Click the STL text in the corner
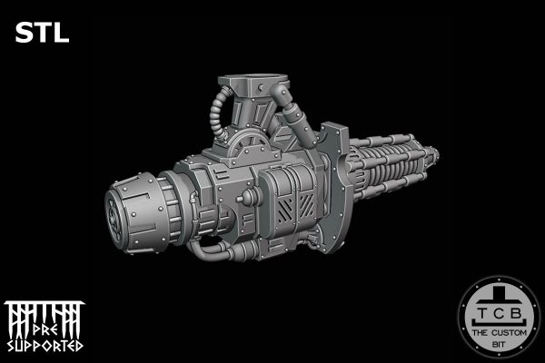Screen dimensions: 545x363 42,33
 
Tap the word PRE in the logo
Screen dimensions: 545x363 45,330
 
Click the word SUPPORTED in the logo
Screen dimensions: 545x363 45,346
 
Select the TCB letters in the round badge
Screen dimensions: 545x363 500,313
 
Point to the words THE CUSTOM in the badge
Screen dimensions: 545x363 500,333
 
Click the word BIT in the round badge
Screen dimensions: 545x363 500,345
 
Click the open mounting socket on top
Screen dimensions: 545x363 253,82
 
